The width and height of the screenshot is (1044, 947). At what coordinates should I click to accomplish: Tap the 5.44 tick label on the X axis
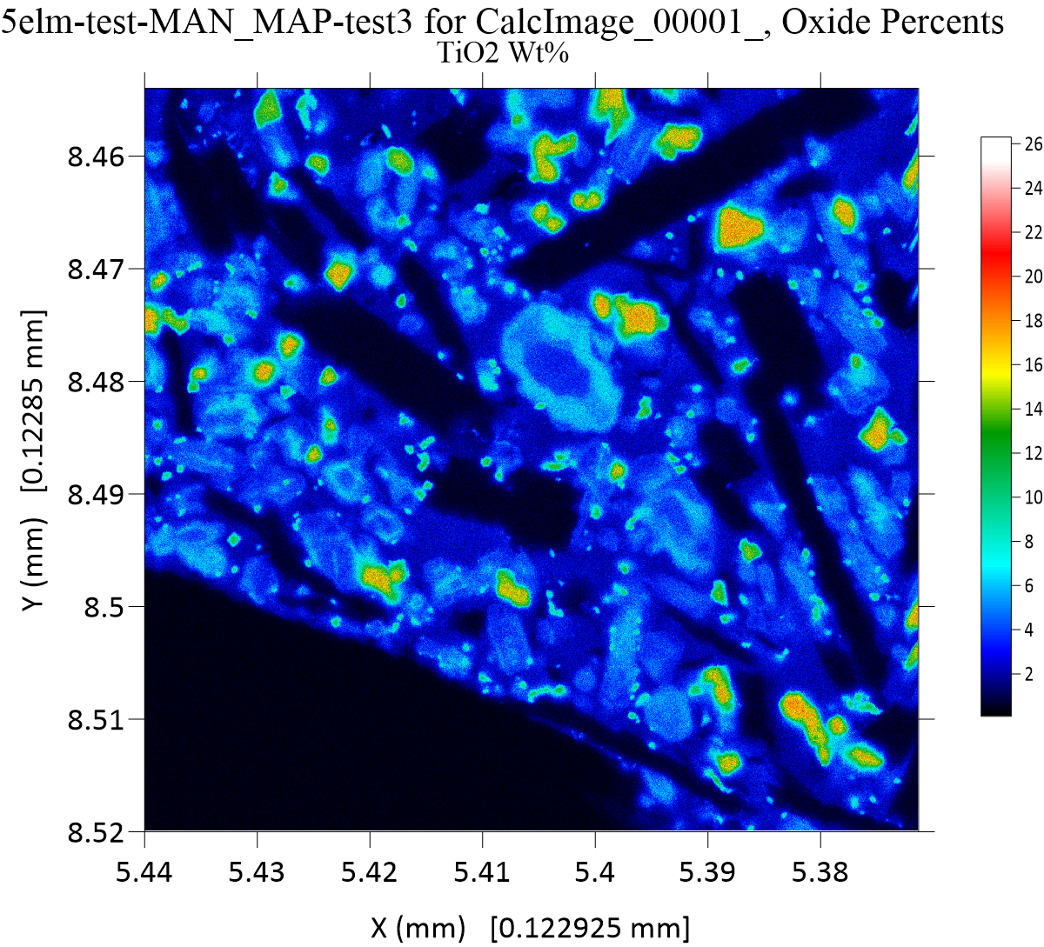pyautogui.click(x=144, y=870)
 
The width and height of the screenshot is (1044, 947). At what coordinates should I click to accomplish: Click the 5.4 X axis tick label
pyautogui.click(x=596, y=870)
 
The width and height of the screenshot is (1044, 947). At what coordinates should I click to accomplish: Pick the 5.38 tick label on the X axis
pyautogui.click(x=821, y=870)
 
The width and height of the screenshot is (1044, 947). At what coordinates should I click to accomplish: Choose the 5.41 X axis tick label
pyautogui.click(x=483, y=870)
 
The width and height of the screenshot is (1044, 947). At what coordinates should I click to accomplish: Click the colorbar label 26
pyautogui.click(x=1034, y=145)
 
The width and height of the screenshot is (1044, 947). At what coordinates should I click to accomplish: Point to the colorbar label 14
pyautogui.click(x=1034, y=409)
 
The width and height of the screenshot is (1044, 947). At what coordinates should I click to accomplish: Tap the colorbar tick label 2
pyautogui.click(x=1029, y=674)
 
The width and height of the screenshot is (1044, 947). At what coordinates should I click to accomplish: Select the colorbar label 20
pyautogui.click(x=1034, y=277)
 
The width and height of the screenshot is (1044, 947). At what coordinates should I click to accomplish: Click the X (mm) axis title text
pyautogui.click(x=418, y=928)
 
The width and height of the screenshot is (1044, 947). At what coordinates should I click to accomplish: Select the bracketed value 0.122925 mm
pyautogui.click(x=591, y=928)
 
